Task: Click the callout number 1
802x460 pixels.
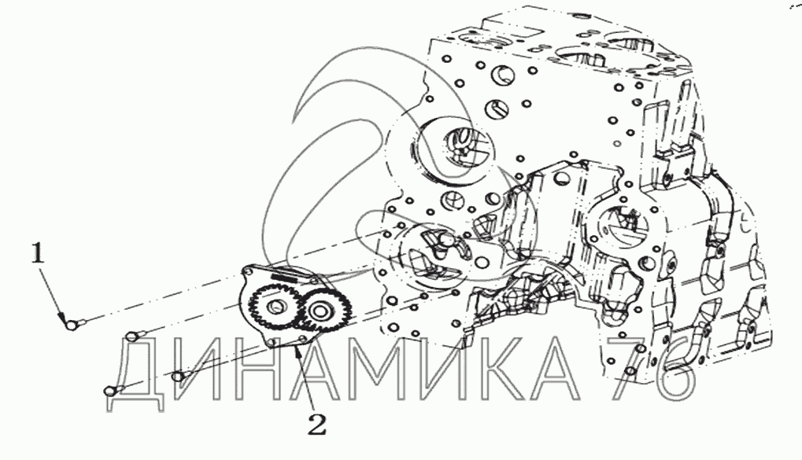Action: point(38,254)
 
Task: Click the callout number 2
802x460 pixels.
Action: point(316,424)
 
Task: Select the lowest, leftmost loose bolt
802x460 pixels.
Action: point(113,391)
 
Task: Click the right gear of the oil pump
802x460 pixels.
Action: point(320,311)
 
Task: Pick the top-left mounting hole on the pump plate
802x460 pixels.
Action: point(249,271)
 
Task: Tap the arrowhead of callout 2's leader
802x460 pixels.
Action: point(298,351)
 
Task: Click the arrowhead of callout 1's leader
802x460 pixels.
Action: point(64,318)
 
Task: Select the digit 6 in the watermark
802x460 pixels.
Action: point(672,370)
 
